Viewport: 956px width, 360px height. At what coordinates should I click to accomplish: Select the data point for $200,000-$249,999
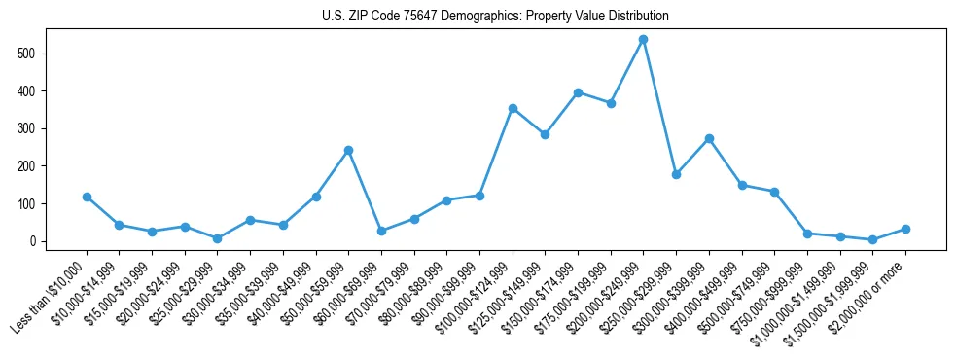(643, 40)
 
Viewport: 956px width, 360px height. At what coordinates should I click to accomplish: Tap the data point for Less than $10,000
(87, 197)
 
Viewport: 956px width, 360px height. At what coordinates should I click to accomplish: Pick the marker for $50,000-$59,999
(348, 150)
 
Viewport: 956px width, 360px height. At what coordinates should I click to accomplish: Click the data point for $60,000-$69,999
(381, 231)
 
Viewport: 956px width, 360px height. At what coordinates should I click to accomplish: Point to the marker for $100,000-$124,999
(512, 108)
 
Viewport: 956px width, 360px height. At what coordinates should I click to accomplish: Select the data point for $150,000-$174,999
(578, 92)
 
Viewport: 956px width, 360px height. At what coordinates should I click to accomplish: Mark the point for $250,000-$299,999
(676, 174)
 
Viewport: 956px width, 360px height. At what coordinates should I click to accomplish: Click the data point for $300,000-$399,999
(709, 138)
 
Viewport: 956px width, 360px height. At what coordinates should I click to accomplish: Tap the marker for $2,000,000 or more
(905, 229)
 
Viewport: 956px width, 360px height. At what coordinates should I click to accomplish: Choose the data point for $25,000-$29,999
(217, 238)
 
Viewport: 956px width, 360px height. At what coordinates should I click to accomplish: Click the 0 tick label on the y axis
(34, 241)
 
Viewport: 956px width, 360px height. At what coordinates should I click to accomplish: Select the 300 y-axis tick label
(30, 128)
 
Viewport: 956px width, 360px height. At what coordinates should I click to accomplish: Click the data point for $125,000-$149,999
(545, 134)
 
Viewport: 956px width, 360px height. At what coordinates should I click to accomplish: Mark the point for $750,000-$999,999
(807, 234)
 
